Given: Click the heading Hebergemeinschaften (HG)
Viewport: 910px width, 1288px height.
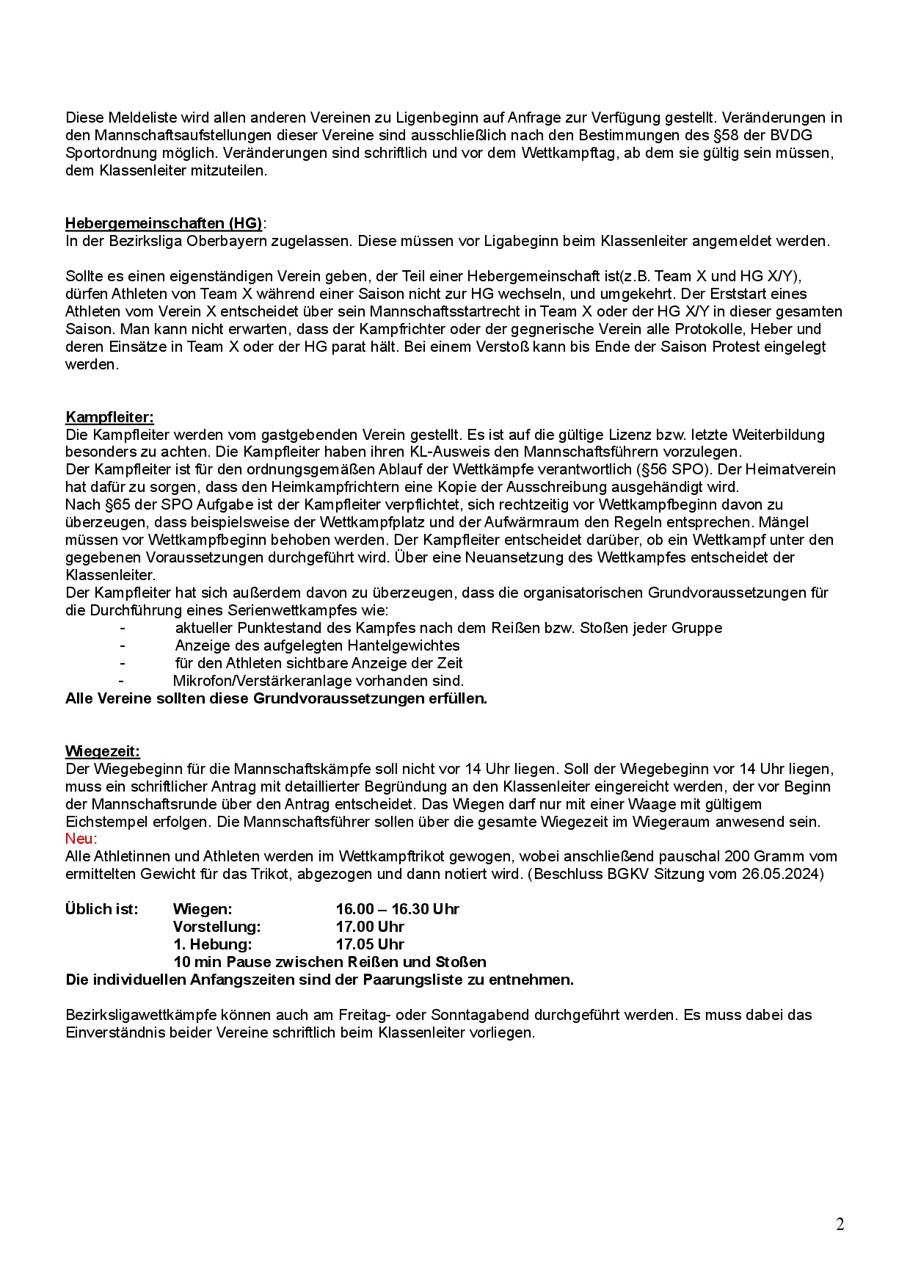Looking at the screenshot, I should [x=164, y=223].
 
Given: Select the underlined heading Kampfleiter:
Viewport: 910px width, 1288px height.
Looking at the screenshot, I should [x=109, y=417].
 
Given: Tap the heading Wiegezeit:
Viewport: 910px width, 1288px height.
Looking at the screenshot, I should [x=102, y=751].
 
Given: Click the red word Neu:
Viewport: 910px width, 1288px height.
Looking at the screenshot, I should [x=81, y=839].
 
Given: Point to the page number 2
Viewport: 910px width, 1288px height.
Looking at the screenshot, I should [x=840, y=1224].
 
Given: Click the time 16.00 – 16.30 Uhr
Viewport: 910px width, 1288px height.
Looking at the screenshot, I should [x=397, y=909].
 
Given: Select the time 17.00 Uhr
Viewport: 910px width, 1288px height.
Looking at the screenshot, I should [x=370, y=927].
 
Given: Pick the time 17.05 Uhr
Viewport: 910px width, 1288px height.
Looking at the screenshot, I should [x=370, y=944].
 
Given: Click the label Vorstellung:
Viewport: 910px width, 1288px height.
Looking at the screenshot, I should [x=216, y=927].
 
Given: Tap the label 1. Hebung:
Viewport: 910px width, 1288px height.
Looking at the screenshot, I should [x=212, y=944].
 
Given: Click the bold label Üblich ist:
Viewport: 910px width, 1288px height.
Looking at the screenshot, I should [x=101, y=909].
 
